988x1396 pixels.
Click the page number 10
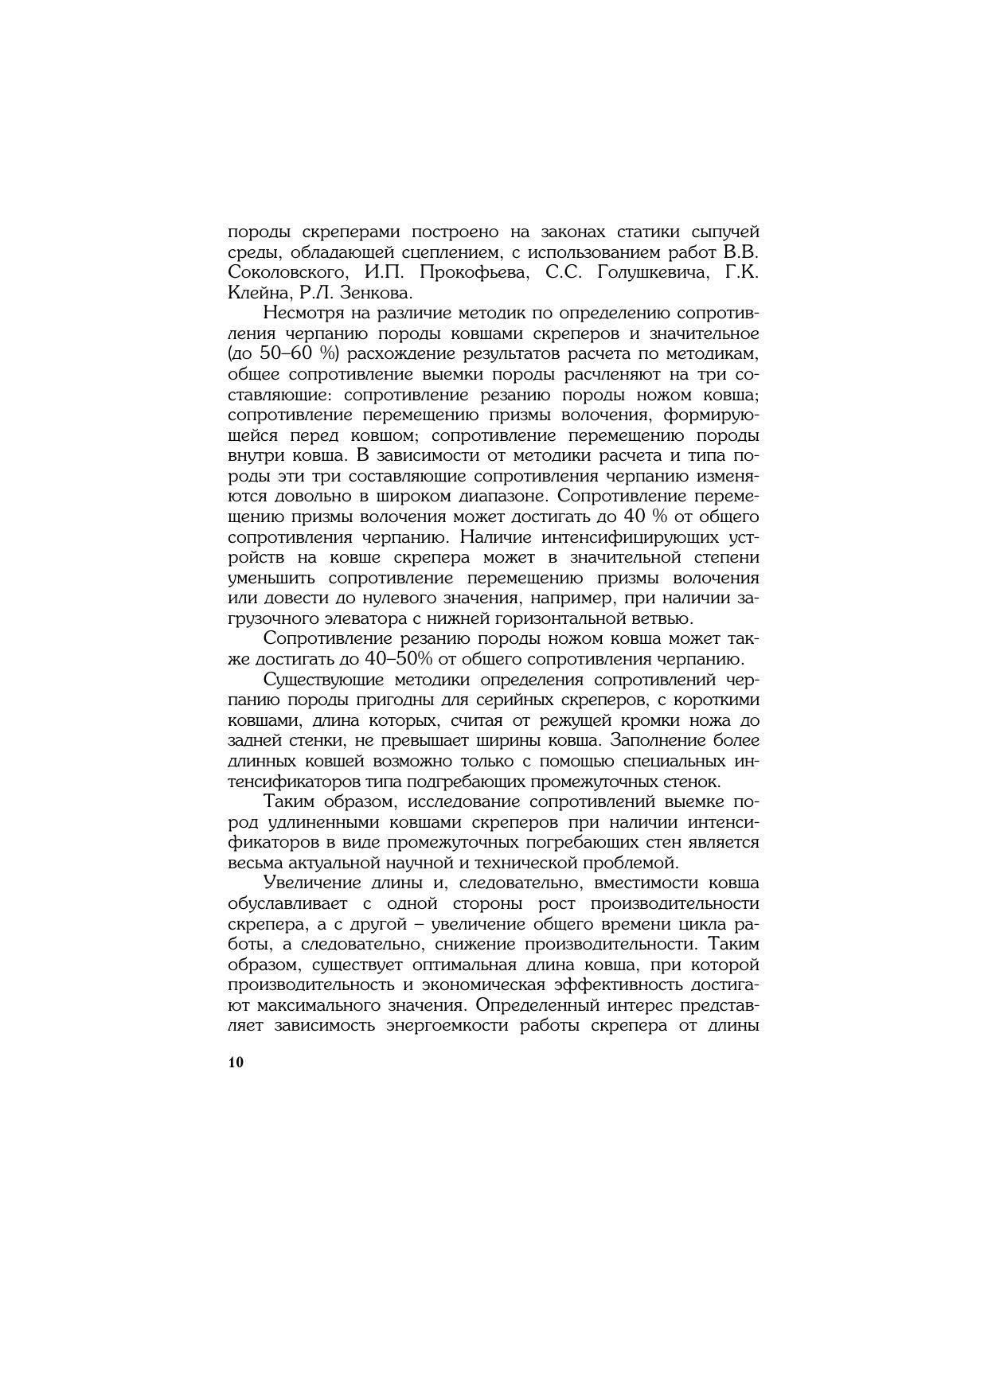click(x=236, y=1063)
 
